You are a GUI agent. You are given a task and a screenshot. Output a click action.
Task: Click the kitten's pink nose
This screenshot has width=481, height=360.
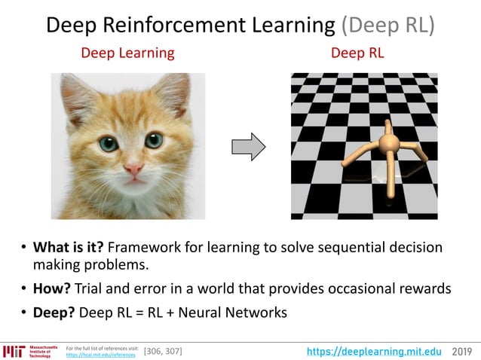133,167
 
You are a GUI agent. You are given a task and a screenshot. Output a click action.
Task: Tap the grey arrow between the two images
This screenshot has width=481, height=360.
247,145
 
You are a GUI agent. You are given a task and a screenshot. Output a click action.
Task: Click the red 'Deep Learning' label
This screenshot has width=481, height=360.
127,53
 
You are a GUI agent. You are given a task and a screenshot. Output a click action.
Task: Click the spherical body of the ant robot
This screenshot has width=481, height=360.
388,143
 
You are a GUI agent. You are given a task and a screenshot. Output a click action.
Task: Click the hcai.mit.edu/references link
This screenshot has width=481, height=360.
105,355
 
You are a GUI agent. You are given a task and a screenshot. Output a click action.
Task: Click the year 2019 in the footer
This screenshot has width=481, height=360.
462,351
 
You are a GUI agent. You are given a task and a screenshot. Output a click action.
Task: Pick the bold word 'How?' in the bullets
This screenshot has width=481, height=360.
51,288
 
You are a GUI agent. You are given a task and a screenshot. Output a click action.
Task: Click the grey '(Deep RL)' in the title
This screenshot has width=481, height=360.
388,25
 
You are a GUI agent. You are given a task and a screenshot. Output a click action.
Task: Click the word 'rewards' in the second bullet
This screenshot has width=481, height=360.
423,288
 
